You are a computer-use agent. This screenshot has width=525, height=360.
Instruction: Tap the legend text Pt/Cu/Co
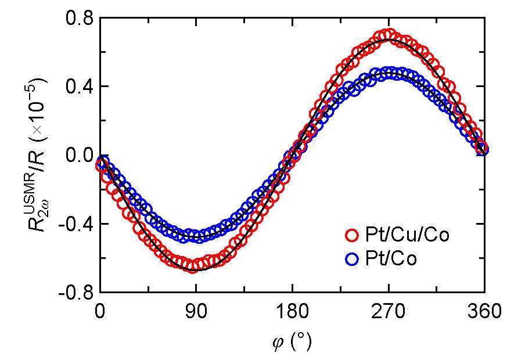pos(406,236)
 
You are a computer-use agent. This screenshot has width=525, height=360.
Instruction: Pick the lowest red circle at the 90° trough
pos(193,267)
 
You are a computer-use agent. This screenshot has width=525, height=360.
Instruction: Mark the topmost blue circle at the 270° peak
pos(389,73)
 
